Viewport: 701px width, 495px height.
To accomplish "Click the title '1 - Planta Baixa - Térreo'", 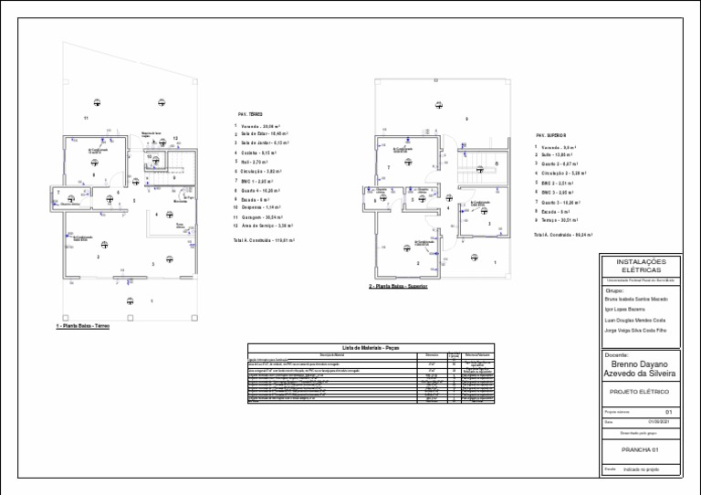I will (83, 326).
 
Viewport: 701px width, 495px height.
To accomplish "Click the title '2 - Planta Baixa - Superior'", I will (399, 286).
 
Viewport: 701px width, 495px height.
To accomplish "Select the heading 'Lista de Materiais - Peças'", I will (370, 348).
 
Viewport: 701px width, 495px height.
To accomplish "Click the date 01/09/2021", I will (659, 422).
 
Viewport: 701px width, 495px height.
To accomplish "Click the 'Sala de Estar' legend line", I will (260, 133).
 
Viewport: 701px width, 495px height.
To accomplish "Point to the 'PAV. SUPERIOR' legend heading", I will (551, 135).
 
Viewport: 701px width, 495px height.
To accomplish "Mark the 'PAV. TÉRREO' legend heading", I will (249, 114).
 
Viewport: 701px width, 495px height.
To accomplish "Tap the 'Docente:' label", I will (617, 354).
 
